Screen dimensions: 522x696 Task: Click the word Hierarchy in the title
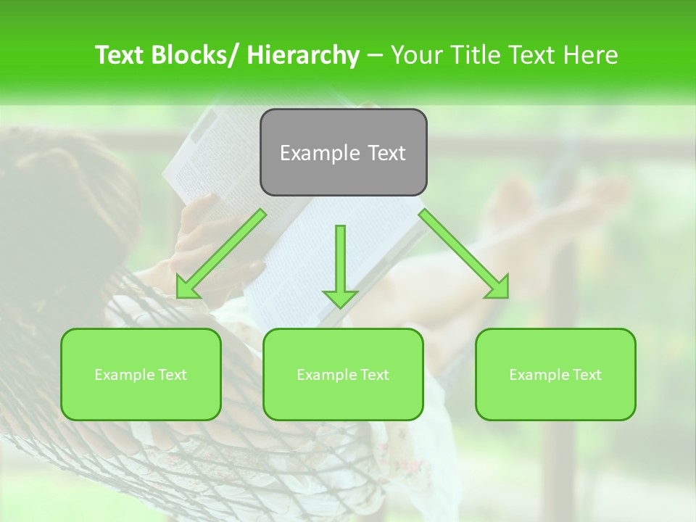point(303,55)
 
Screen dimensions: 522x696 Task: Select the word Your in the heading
point(415,55)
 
